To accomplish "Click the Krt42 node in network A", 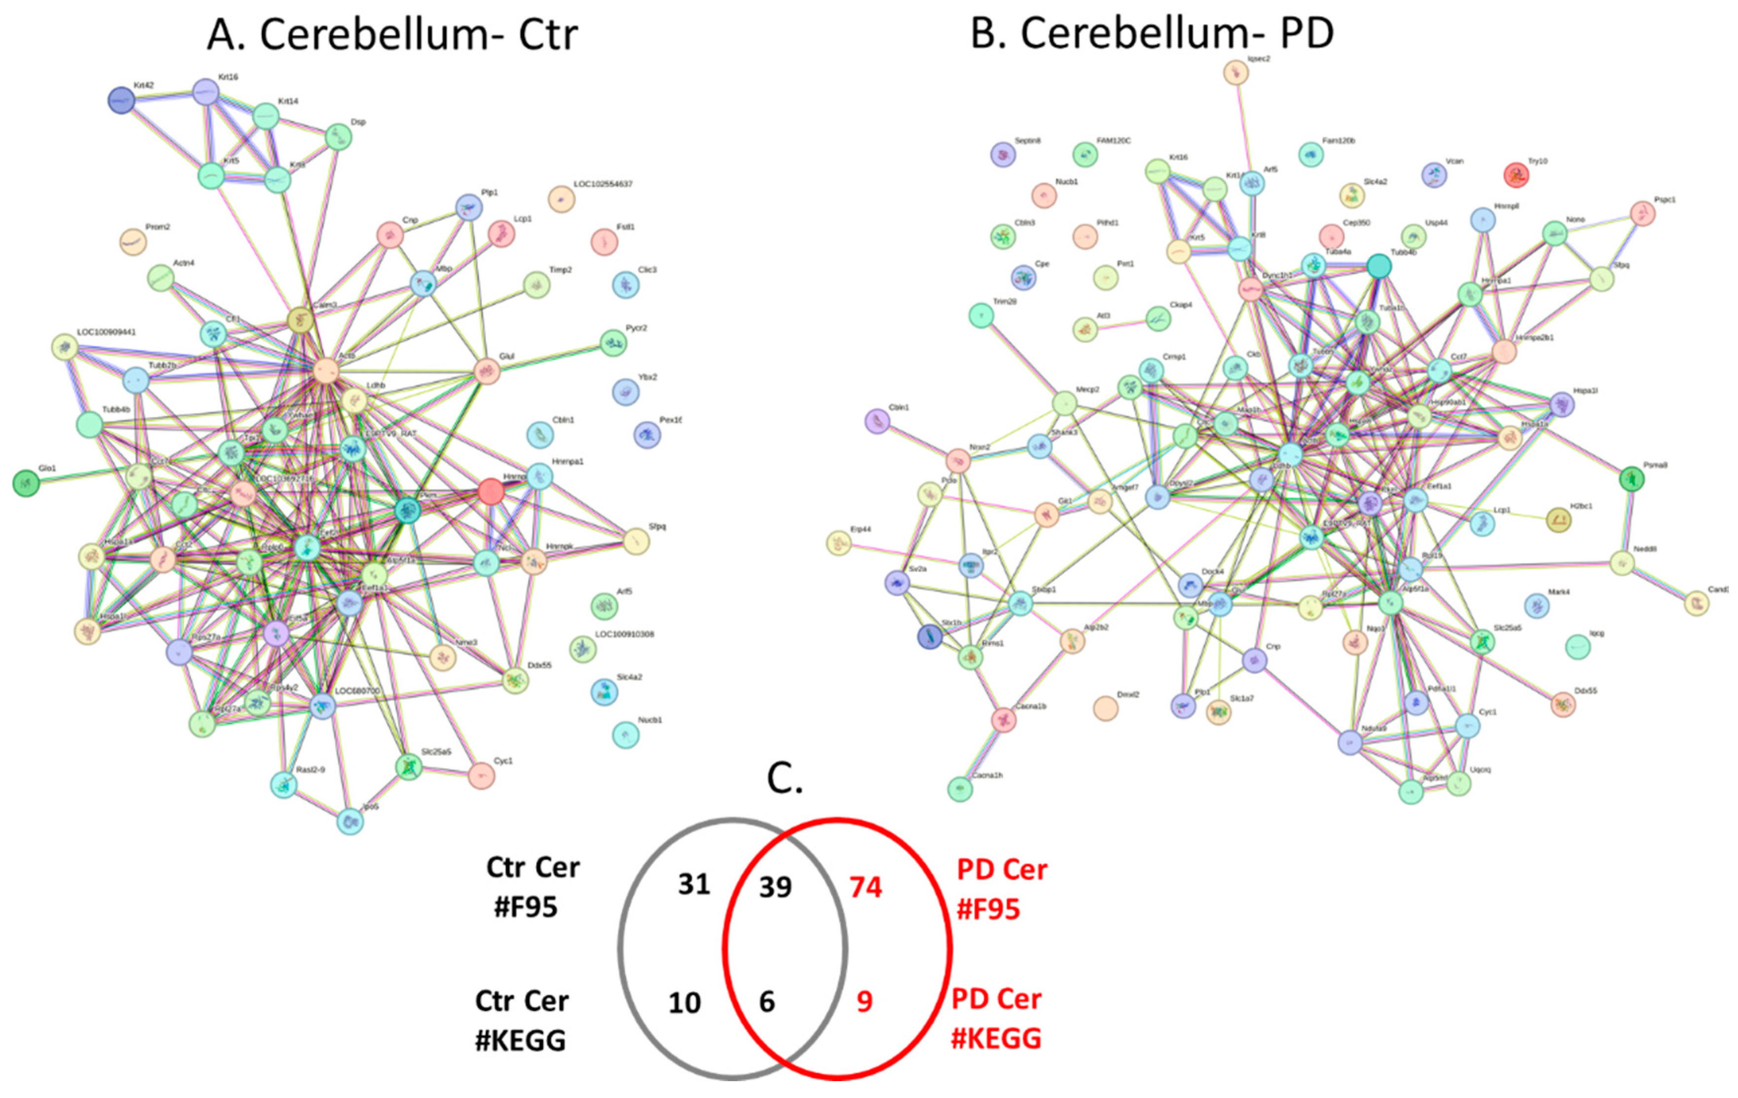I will click(121, 100).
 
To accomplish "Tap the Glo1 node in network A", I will click(27, 482).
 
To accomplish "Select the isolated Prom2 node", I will click(133, 242).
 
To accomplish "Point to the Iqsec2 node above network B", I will click(1235, 72).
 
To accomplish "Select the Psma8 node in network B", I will click(1631, 478).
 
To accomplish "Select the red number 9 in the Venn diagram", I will click(864, 1001).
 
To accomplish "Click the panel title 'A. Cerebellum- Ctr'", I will click(392, 34).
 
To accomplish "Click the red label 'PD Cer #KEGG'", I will click(996, 1019).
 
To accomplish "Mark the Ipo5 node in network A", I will click(350, 821).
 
